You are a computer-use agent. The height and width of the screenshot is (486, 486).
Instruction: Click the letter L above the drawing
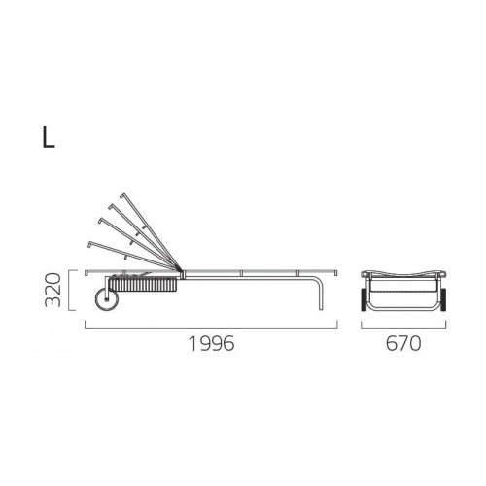[x=49, y=137]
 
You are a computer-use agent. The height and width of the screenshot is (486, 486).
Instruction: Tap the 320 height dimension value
[x=52, y=290]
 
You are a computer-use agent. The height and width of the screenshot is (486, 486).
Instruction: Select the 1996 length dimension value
[x=211, y=343]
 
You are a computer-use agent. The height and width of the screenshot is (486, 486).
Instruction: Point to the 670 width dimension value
[x=403, y=343]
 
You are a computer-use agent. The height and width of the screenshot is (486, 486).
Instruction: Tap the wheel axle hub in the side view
[x=106, y=299]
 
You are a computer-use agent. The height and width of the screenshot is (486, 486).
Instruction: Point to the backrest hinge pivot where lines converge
[x=179, y=268]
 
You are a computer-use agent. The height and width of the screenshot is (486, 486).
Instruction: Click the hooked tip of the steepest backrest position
[x=122, y=195]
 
